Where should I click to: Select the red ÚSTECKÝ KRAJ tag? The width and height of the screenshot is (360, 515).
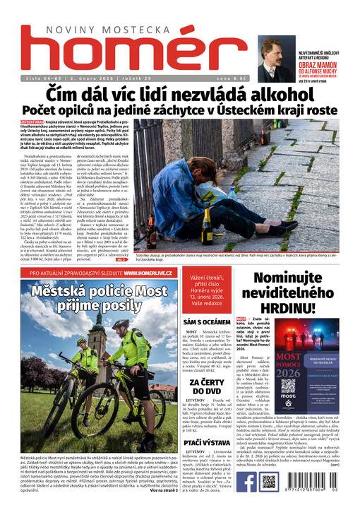(x=34, y=122)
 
